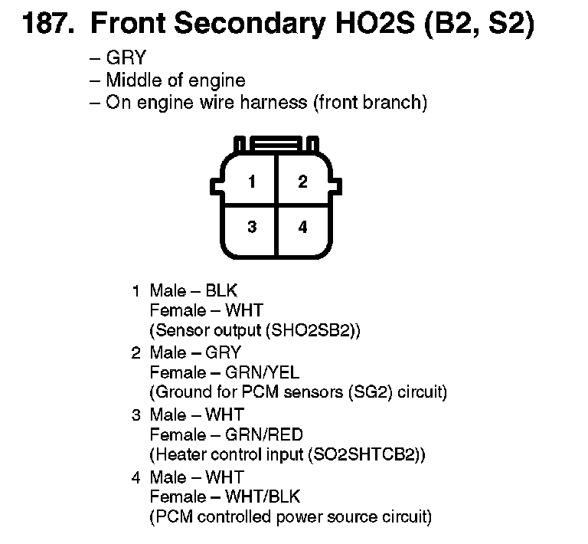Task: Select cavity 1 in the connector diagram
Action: [251, 182]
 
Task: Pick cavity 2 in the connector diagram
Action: [303, 182]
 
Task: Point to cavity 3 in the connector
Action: [251, 228]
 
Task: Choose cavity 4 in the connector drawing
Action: [303, 228]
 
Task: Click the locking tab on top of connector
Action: [277, 144]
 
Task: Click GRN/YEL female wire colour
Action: [257, 372]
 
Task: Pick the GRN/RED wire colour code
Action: [260, 434]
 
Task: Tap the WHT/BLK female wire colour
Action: [260, 496]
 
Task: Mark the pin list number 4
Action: [136, 477]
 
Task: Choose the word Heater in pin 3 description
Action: [177, 454]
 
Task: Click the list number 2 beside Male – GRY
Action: [136, 352]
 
